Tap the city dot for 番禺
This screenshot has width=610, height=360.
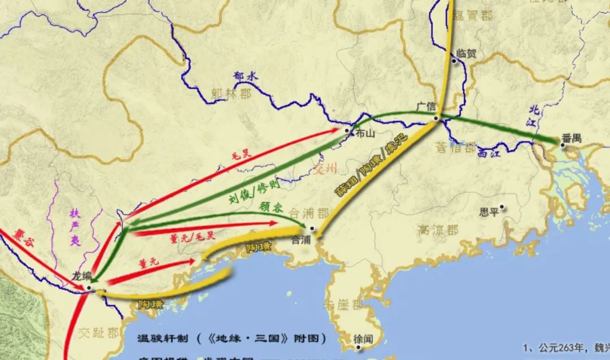[x=562, y=145]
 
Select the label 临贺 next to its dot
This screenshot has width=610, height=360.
[x=467, y=54]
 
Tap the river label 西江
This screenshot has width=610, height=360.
[x=489, y=152]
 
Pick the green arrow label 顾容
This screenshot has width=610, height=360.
[x=271, y=207]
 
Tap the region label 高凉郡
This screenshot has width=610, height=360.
[x=438, y=230]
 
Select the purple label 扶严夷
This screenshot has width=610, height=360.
[x=75, y=228]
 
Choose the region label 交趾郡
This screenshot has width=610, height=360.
[x=99, y=332]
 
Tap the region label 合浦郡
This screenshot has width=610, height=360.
[x=308, y=213]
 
